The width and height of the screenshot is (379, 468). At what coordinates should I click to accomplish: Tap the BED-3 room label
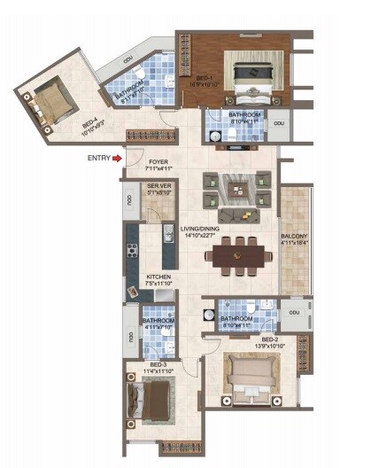tap(159, 365)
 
